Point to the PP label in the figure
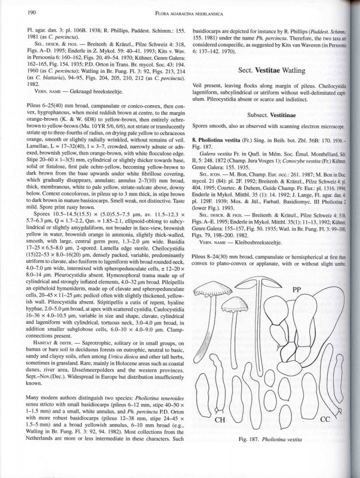click(x=296, y=289)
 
